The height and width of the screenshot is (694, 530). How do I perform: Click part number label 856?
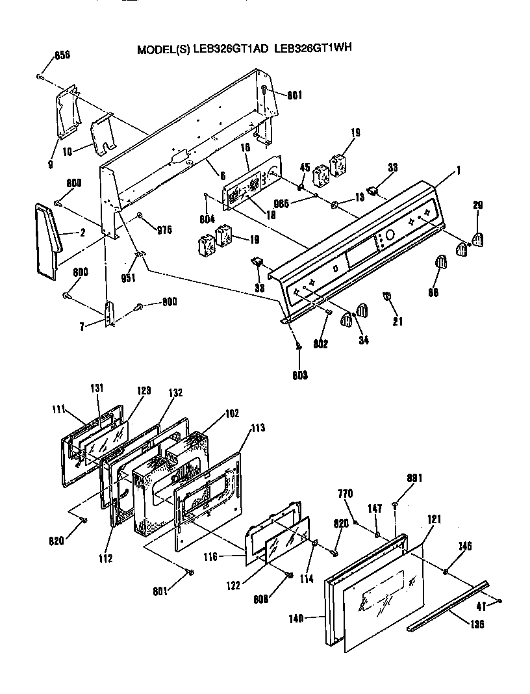62,55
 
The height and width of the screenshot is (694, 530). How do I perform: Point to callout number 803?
299,374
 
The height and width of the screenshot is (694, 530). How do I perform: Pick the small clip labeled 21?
387,297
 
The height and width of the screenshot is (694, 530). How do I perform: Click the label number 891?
415,478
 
